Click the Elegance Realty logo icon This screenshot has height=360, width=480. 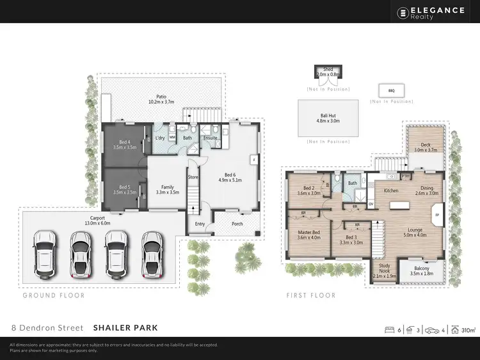pos(403,12)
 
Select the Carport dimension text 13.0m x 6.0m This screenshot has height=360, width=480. pos(97,223)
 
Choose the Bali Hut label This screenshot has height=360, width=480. pos(328,116)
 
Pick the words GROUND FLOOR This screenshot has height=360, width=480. pos(54,295)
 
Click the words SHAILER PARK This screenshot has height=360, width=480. pos(125,328)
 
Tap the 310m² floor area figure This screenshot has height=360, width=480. pos(468,330)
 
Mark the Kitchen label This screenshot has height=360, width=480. pos(392,191)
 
